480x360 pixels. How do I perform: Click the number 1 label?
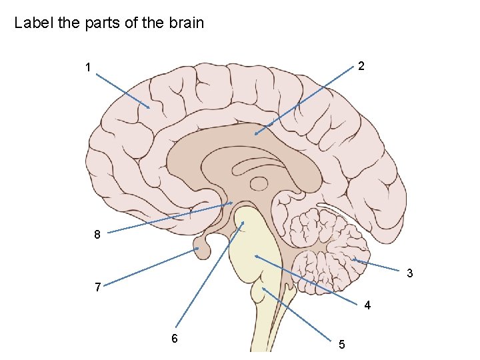[x=87, y=67]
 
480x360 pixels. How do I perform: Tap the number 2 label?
[x=360, y=66]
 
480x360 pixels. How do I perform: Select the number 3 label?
[x=409, y=273]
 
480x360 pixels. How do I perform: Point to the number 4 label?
[x=367, y=306]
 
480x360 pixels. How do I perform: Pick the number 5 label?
[x=341, y=345]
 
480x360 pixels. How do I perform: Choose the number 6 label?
[x=174, y=338]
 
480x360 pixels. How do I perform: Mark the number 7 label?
[x=98, y=287]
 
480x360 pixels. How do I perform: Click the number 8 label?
[x=97, y=235]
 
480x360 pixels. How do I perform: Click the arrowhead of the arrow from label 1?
[x=149, y=107]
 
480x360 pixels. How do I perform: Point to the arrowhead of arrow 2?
[x=255, y=135]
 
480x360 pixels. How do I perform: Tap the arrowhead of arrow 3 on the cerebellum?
[x=353, y=259]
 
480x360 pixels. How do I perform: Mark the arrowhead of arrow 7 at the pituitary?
[x=199, y=249]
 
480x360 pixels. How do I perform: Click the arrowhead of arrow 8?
[x=231, y=203]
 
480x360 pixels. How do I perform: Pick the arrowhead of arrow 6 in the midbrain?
[x=243, y=223]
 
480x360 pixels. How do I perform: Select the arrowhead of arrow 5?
[x=263, y=288]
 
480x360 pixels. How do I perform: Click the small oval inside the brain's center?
[x=258, y=183]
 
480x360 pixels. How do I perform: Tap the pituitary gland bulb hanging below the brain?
[x=202, y=249]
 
